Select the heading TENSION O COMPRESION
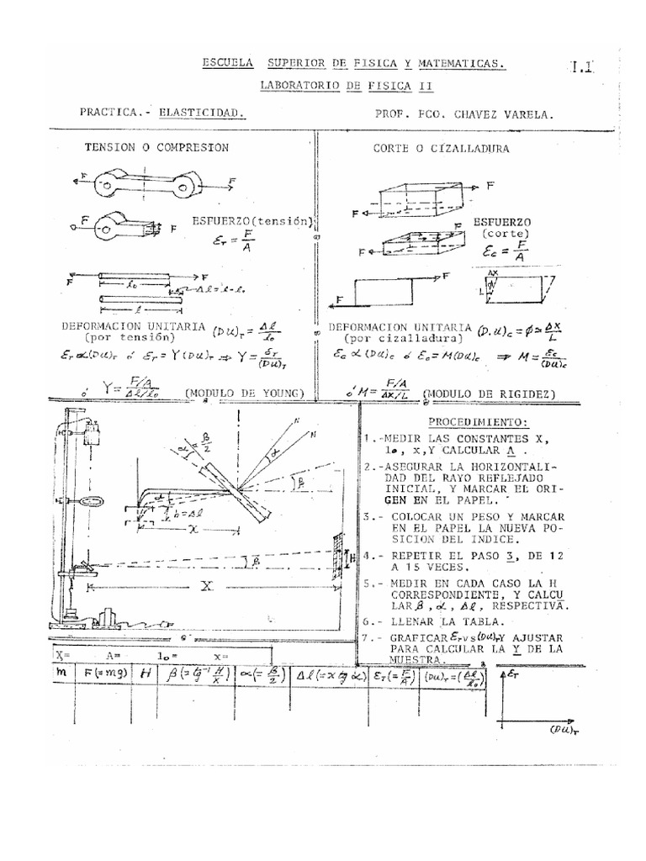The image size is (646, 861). (156, 146)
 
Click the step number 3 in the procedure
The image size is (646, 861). (368, 515)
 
